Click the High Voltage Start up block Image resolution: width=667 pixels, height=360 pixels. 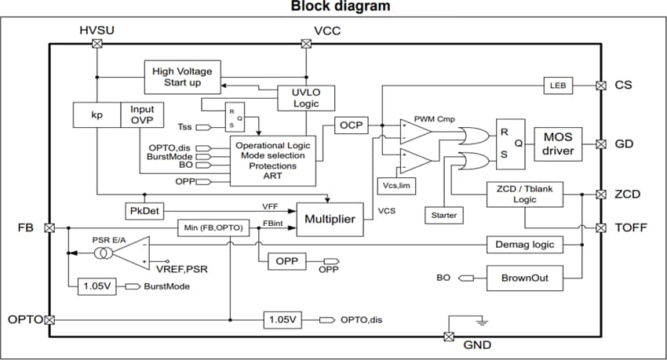(x=182, y=77)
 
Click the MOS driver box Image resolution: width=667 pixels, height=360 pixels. (x=558, y=144)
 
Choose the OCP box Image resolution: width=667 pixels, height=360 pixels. (x=348, y=125)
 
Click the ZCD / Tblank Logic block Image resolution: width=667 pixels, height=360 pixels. (x=524, y=195)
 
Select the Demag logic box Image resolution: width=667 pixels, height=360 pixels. (x=524, y=244)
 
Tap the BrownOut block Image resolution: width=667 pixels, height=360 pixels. (x=524, y=278)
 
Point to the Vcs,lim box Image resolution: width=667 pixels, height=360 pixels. (x=395, y=185)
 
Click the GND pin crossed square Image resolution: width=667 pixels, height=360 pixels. (x=449, y=336)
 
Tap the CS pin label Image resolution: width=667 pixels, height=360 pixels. (x=624, y=85)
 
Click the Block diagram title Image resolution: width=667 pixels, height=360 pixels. (x=340, y=7)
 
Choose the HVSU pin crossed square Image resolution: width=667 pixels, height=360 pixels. (x=97, y=45)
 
